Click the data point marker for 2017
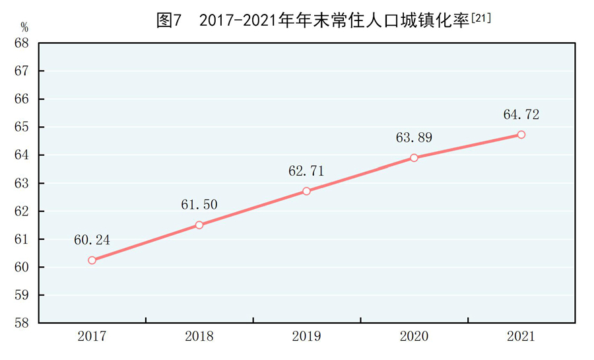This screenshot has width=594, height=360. click(x=92, y=260)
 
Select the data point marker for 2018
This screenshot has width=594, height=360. click(x=199, y=225)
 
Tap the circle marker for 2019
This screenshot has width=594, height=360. click(x=306, y=191)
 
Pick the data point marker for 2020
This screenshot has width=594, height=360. click(x=414, y=158)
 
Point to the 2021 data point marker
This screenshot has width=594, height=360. click(x=521, y=135)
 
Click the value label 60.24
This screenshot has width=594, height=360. click(x=92, y=240)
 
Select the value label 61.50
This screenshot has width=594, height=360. click(x=199, y=205)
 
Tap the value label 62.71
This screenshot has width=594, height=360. click(x=306, y=171)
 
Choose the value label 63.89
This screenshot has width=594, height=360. click(x=414, y=138)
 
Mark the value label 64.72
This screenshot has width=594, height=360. click(x=521, y=115)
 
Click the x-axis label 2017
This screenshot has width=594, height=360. click(x=92, y=337)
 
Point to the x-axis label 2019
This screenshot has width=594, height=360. click(x=306, y=337)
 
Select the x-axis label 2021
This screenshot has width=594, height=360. click(x=521, y=337)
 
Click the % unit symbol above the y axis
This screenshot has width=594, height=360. click(x=24, y=28)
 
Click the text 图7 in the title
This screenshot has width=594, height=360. click(x=168, y=21)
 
